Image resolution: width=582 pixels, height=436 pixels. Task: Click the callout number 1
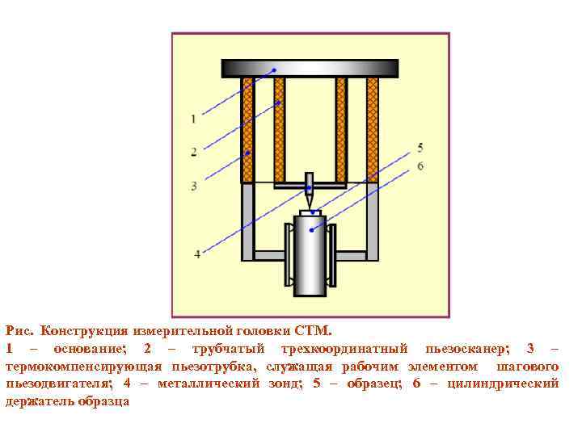tap(193, 119)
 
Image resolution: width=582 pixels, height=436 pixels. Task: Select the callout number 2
tap(194, 151)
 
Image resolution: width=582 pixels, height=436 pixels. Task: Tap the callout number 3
tap(194, 186)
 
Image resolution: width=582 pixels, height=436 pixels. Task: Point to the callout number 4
tap(197, 254)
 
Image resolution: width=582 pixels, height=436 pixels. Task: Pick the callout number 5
tap(420, 148)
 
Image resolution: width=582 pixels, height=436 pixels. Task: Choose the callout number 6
tap(420, 166)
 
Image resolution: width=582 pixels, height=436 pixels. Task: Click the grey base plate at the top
tap(310, 68)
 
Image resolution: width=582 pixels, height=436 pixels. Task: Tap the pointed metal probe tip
tap(309, 197)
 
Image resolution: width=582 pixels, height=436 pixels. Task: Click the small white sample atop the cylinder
tap(310, 212)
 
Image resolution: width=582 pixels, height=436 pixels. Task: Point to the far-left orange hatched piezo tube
tap(248, 129)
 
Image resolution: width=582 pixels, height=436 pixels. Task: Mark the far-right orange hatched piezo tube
tap(373, 129)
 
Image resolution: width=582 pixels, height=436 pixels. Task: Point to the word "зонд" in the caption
tap(282, 384)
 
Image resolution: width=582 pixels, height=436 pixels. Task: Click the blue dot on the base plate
tap(274, 70)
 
